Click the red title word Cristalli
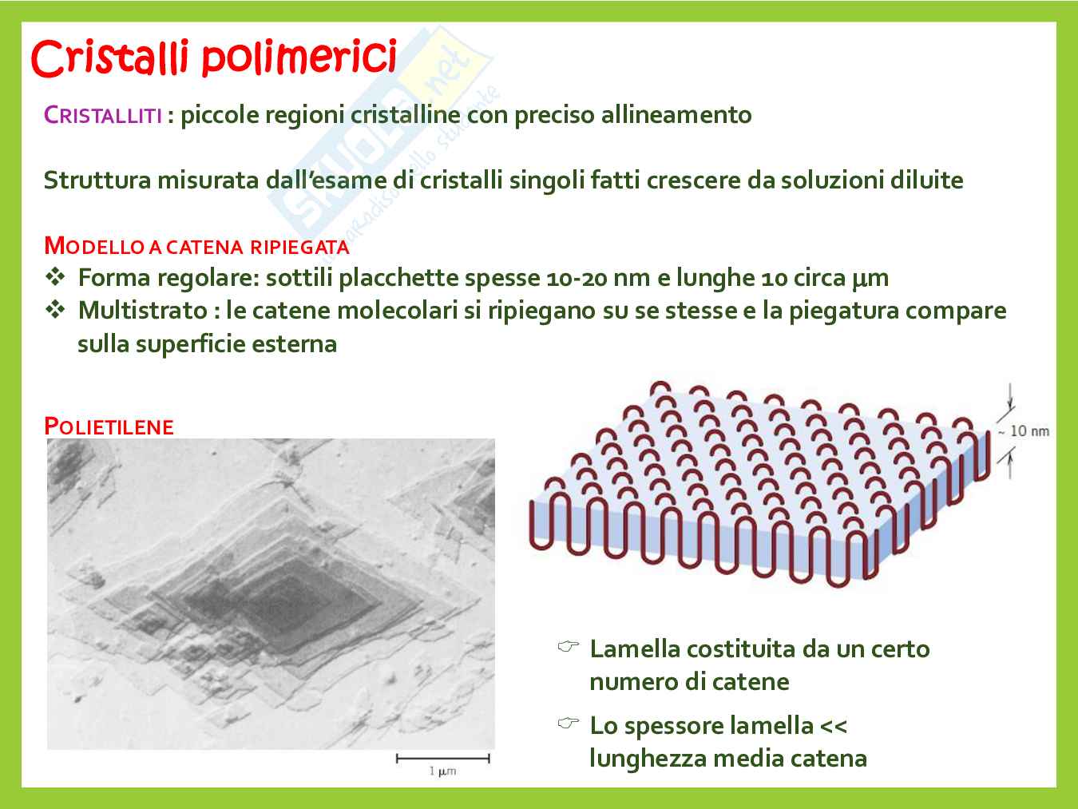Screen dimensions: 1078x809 [110, 58]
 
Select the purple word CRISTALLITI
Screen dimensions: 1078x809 [103, 116]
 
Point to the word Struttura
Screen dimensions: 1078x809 [97, 180]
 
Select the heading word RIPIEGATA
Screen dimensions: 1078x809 [299, 247]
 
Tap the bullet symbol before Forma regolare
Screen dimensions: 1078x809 [55, 277]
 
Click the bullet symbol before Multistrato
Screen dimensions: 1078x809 [55, 310]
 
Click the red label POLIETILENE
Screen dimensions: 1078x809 [109, 426]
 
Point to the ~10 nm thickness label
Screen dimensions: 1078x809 [1024, 431]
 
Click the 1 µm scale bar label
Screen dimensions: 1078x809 [442, 771]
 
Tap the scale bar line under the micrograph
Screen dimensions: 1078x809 [443, 759]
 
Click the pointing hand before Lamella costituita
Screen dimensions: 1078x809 [569, 646]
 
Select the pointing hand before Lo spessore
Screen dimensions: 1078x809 [569, 723]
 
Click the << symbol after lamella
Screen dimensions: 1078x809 [834, 727]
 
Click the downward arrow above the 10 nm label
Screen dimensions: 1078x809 [1010, 397]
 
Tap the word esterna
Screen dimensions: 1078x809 [295, 344]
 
